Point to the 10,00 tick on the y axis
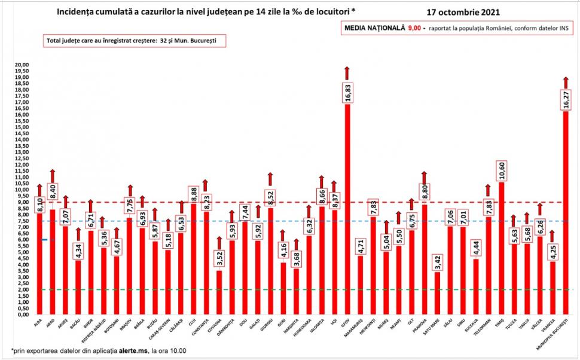click(x=22, y=190)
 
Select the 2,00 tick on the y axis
click(x=23, y=289)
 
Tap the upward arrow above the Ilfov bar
click(x=347, y=73)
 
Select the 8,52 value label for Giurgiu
click(x=270, y=197)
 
